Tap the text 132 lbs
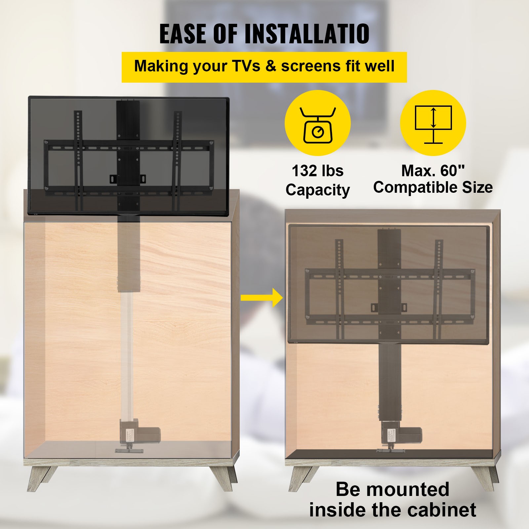click(x=317, y=171)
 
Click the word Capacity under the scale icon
click(x=317, y=190)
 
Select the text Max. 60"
click(x=433, y=171)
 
